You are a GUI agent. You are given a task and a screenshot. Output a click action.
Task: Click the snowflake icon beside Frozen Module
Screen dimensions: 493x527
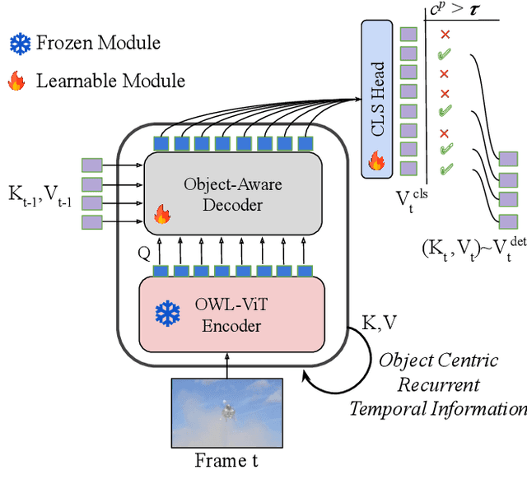pyautogui.click(x=20, y=43)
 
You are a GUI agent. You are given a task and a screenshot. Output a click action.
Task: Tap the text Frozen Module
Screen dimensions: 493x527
pyautogui.click(x=98, y=43)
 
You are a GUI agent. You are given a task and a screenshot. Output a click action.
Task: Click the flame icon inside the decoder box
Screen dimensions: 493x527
pyautogui.click(x=162, y=215)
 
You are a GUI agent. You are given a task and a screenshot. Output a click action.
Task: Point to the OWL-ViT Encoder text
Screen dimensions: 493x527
pyautogui.click(x=232, y=314)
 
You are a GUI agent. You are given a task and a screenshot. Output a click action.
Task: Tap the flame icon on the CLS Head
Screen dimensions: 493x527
pyautogui.click(x=376, y=161)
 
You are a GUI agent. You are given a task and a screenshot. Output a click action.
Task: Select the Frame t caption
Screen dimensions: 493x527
pyautogui.click(x=226, y=460)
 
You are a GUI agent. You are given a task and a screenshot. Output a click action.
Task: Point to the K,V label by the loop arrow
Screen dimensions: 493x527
pyautogui.click(x=380, y=323)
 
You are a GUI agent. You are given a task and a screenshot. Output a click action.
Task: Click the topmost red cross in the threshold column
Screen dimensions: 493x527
pyautogui.click(x=445, y=35)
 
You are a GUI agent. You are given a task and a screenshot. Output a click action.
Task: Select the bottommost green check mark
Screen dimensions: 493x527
pyautogui.click(x=445, y=170)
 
